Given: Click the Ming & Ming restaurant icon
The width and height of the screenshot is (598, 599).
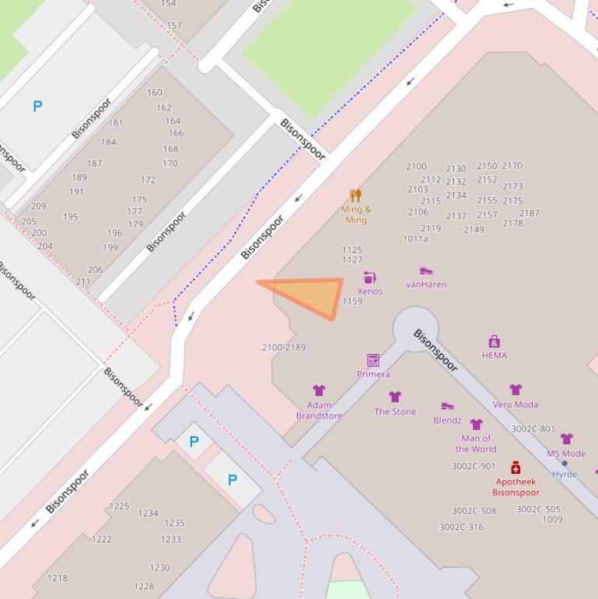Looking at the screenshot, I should [355, 195].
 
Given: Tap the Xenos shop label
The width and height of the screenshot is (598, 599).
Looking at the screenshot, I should [370, 292].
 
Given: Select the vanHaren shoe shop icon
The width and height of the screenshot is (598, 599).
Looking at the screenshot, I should [426, 271].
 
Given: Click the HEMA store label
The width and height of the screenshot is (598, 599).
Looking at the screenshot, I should [494, 356].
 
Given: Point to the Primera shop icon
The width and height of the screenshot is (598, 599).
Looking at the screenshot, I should [373, 360].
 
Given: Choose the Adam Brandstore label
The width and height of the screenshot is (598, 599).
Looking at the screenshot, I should [319, 410].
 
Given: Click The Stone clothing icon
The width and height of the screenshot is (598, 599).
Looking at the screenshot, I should [395, 397].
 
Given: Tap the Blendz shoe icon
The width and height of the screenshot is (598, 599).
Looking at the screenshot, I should [447, 406].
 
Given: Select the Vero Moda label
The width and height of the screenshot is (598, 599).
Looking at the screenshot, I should [515, 405].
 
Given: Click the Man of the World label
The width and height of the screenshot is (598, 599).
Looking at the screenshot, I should [476, 443].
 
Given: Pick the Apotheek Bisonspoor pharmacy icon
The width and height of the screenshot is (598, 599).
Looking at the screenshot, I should [516, 468].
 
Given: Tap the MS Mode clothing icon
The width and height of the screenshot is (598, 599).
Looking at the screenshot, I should [566, 440].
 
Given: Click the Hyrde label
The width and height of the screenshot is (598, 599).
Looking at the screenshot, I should [565, 474].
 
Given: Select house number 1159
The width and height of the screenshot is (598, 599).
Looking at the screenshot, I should [352, 301].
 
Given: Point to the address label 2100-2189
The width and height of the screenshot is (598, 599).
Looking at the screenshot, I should [284, 348].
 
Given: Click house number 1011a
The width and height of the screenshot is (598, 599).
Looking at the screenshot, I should [415, 239].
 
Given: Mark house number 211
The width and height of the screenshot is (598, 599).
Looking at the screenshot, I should [83, 282].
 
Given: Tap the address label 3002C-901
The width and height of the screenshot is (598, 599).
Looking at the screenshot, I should [473, 467].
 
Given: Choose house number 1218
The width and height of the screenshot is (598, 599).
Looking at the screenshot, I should [58, 578].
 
